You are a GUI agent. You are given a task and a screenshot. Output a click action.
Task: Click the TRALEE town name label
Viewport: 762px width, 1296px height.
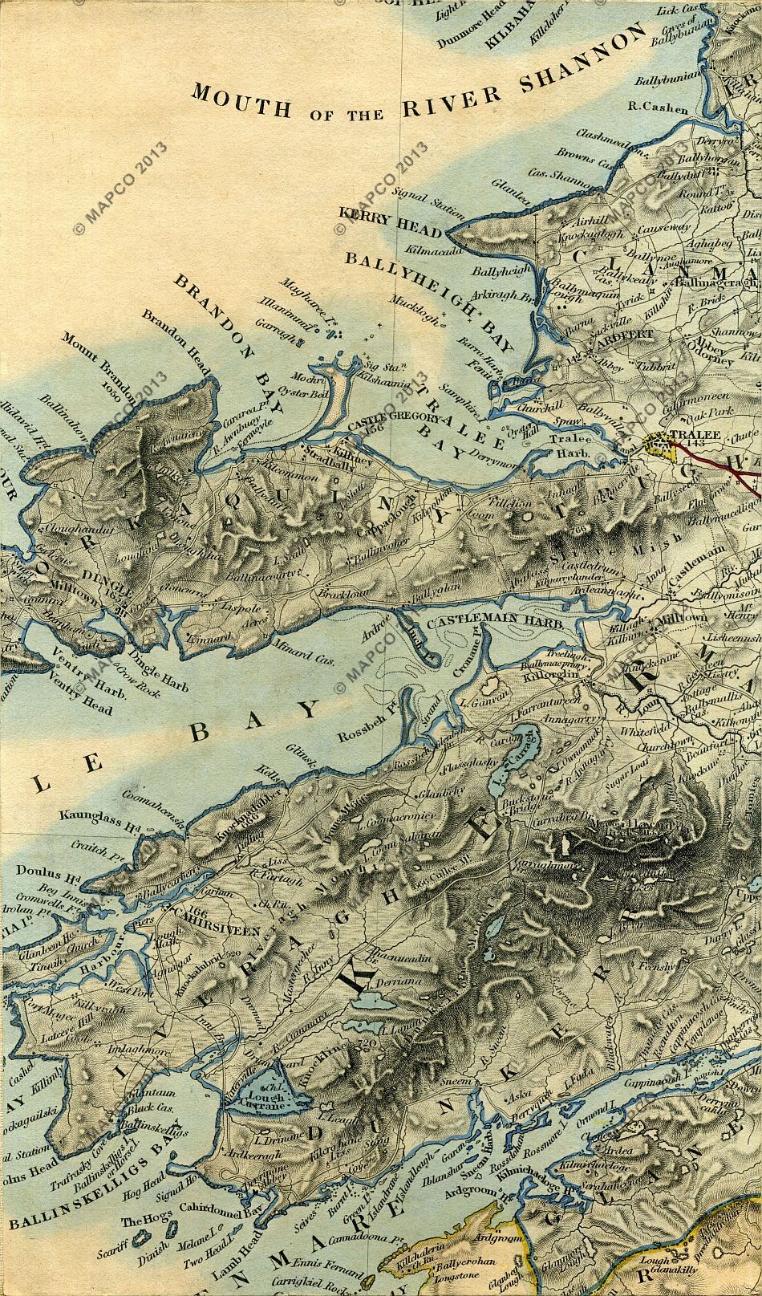(x=696, y=434)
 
